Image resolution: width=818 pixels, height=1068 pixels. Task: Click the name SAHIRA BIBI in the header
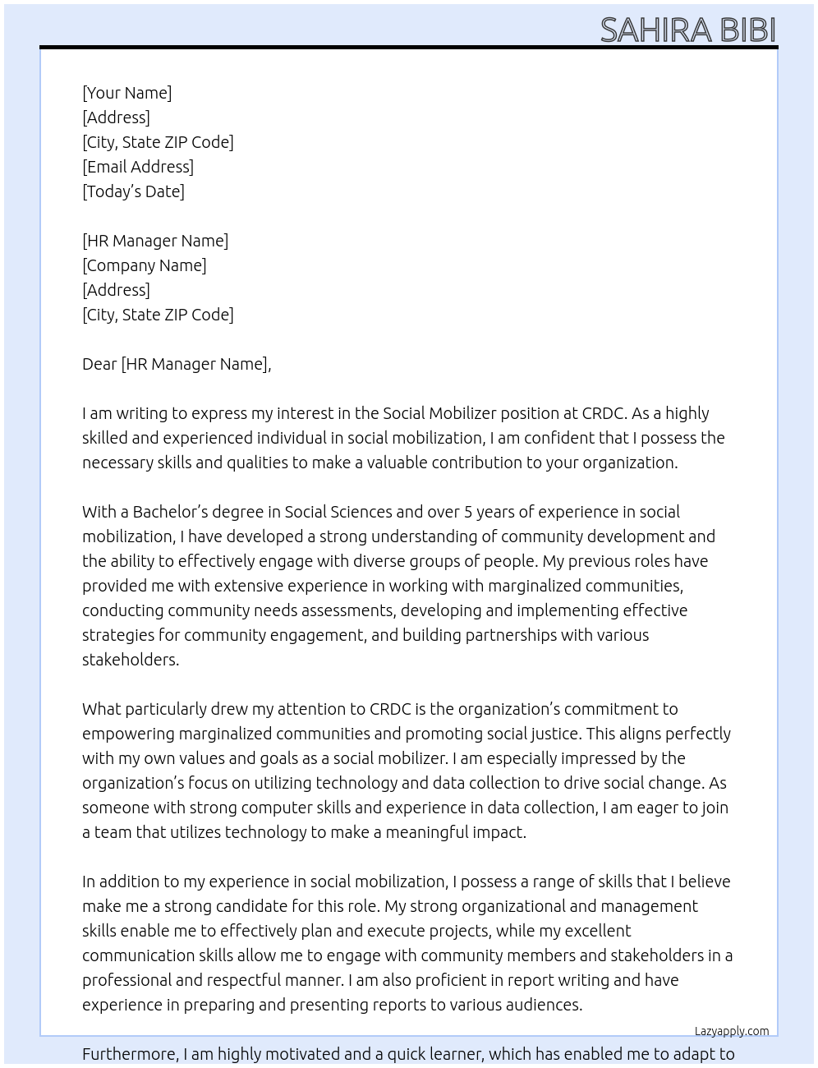(x=687, y=30)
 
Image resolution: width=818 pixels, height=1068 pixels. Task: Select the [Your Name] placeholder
(x=126, y=93)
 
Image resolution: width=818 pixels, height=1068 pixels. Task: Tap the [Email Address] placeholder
(x=138, y=167)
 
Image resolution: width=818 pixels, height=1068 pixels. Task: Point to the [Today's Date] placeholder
(x=133, y=191)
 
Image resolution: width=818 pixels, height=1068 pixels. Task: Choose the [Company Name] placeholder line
(x=144, y=265)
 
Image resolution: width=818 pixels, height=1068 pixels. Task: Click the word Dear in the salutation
(x=99, y=364)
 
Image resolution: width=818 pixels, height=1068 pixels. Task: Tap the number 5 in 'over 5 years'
(x=468, y=512)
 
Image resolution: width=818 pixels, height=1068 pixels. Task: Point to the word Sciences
(x=360, y=512)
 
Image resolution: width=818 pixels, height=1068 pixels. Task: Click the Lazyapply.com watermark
(x=731, y=1031)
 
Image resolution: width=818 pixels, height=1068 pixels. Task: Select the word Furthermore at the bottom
(x=130, y=1054)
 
